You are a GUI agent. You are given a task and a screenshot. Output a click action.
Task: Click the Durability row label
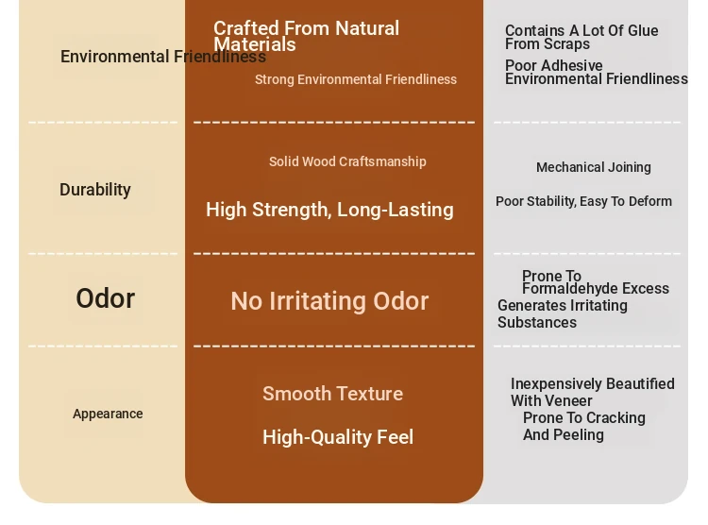pyautogui.click(x=95, y=190)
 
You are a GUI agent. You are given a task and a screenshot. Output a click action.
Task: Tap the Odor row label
pyautogui.click(x=105, y=298)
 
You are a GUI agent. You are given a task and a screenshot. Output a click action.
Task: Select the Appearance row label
pyautogui.click(x=108, y=414)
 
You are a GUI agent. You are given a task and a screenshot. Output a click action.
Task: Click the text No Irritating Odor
pyautogui.click(x=329, y=301)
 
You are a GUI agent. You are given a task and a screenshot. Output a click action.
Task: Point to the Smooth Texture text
pyautogui.click(x=333, y=394)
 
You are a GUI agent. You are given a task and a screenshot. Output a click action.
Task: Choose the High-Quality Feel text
pyautogui.click(x=338, y=437)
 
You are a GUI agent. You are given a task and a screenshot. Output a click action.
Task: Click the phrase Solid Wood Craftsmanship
pyautogui.click(x=347, y=161)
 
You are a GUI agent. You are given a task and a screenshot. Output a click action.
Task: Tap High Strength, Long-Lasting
pyautogui.click(x=329, y=210)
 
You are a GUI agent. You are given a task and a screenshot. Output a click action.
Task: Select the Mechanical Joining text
pyautogui.click(x=594, y=168)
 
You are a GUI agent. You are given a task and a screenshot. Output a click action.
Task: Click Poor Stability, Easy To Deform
pyautogui.click(x=583, y=201)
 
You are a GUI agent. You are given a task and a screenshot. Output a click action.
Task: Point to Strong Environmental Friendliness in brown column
pyautogui.click(x=356, y=79)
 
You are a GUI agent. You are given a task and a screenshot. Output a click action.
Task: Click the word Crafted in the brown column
pyautogui.click(x=246, y=28)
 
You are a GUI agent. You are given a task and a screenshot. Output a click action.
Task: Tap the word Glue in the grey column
pyautogui.click(x=643, y=31)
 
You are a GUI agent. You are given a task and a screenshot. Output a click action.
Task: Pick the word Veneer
pyautogui.click(x=571, y=400)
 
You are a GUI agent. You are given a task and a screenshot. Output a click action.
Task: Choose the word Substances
pyautogui.click(x=537, y=323)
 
